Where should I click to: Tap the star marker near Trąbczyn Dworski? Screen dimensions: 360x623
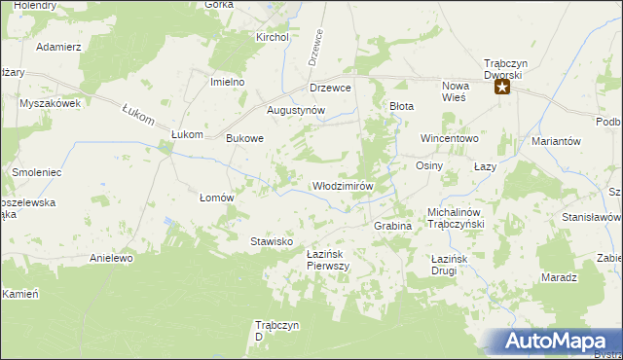pos(502,87)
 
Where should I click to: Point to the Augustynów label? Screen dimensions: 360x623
pos(295,111)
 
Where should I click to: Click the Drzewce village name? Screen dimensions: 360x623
pos(330,87)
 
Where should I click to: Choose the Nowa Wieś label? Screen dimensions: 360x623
pos(455,91)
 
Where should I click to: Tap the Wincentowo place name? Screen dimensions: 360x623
pos(451,138)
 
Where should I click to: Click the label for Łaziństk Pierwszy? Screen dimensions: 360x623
pos(328,260)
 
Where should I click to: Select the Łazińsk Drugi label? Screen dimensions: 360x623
pos(451,264)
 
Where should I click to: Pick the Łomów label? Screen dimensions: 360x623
pos(217,197)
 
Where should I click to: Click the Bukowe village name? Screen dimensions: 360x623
pos(245,138)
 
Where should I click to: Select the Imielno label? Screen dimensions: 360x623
pos(227,82)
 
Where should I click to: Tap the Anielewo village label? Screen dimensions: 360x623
pos(110,259)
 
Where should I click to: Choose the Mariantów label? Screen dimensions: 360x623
pos(556,141)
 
